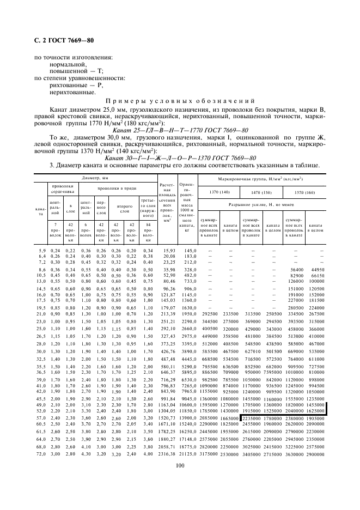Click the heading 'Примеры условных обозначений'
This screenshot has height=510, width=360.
click(x=180, y=101)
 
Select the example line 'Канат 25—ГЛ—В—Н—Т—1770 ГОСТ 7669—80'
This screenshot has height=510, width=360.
click(x=180, y=130)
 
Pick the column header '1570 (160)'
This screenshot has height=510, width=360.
click(x=304, y=192)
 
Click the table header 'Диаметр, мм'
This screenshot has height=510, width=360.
click(x=95, y=178)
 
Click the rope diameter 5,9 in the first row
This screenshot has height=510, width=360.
click(x=42, y=250)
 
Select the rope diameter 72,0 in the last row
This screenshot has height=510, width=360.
click(x=42, y=454)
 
